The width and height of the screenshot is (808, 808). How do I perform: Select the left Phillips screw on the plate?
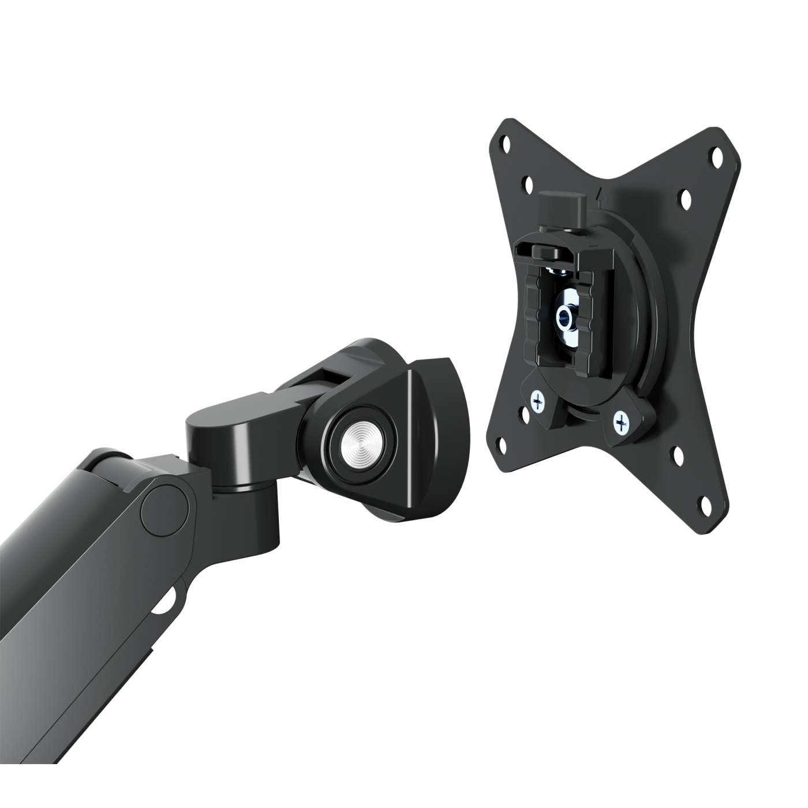538,401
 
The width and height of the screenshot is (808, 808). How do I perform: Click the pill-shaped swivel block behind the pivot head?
231,427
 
